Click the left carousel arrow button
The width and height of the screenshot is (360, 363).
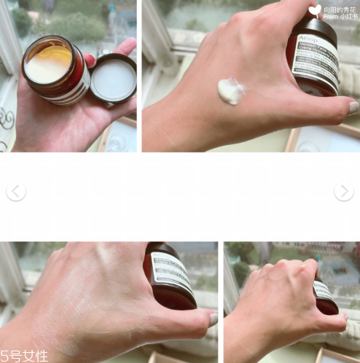pos(15,192)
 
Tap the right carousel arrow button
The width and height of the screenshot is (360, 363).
pos(344,192)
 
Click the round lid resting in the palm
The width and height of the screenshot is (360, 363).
pos(113,79)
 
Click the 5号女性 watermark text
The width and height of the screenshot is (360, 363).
pos(24,355)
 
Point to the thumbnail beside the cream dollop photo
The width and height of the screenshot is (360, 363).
pos(353,107)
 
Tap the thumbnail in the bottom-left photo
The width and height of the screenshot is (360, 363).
pos(213,319)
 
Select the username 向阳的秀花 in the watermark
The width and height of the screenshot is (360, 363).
pos(339,8)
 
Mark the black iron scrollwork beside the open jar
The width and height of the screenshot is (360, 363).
pos(7,120)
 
